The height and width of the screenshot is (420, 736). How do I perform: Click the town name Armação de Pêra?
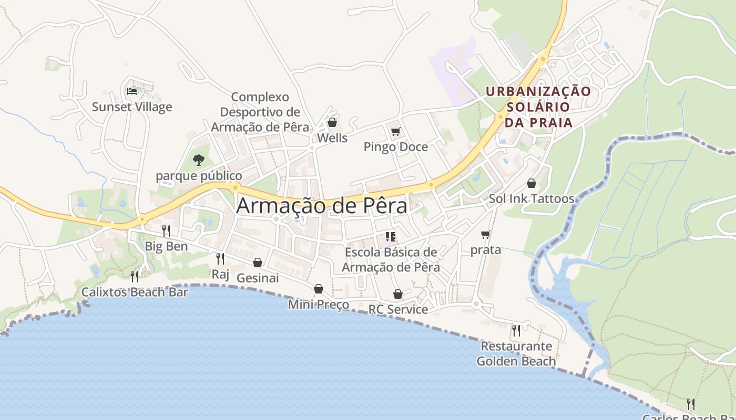coord(321,206)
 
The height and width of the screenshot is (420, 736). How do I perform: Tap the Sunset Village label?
coord(132,107)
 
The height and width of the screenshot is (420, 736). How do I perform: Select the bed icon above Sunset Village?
coord(132,91)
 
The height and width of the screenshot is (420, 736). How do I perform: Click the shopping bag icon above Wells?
coord(332,123)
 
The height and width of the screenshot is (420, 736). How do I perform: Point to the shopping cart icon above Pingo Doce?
coord(395,131)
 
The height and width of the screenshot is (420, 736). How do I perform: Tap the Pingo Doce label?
coord(396,147)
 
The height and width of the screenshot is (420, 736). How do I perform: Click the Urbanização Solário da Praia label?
coord(538,107)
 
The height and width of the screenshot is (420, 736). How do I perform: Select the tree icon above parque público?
coord(199,160)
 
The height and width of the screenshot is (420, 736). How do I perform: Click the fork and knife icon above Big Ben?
coord(166,230)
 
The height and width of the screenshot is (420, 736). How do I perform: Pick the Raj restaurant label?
coord(220,274)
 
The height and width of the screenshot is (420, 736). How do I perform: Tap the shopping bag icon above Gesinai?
coord(258,262)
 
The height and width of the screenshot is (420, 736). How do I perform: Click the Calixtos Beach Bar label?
coord(135,292)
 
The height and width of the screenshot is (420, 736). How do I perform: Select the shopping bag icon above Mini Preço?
coord(319,289)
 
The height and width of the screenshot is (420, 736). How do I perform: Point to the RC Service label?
coord(398,309)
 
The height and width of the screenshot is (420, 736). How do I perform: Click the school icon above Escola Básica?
coord(391,237)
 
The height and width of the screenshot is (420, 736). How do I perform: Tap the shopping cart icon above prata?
coord(485,234)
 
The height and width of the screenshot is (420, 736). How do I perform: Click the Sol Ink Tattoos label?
coord(531,198)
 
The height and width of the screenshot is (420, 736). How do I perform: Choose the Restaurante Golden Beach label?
coord(516,353)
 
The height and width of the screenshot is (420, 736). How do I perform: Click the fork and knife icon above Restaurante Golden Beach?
coord(516,330)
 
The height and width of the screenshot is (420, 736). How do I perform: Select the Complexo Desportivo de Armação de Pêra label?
coord(260,112)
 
